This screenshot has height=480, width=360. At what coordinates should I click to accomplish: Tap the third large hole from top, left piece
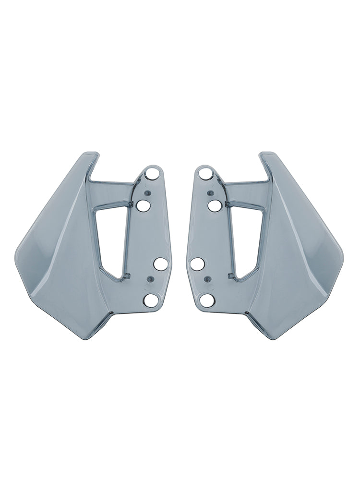pos(161,264)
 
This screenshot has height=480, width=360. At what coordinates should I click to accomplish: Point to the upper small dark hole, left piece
pos(148,193)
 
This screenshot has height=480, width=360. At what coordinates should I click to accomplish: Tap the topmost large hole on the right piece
pos(206,173)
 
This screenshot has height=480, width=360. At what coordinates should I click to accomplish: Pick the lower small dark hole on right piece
pos(206,278)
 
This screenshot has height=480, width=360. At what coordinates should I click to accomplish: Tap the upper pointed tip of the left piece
pos(95,155)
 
